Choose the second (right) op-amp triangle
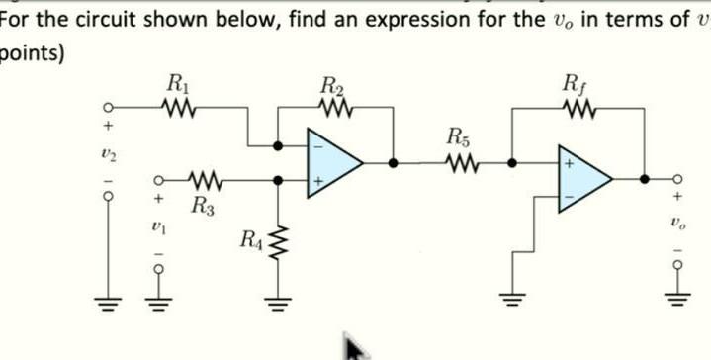(x=582, y=178)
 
